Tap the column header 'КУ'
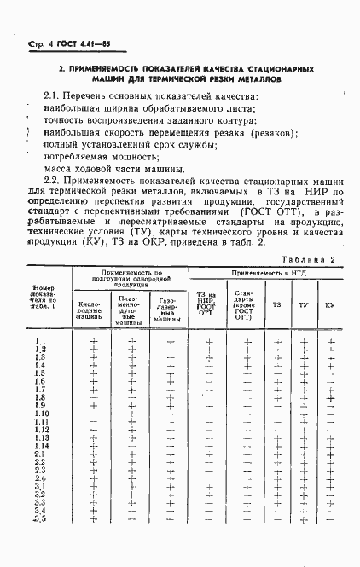(x=329, y=304)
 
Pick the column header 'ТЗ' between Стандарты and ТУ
(x=276, y=304)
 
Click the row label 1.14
(x=42, y=446)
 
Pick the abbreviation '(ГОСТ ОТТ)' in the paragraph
(x=263, y=211)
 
